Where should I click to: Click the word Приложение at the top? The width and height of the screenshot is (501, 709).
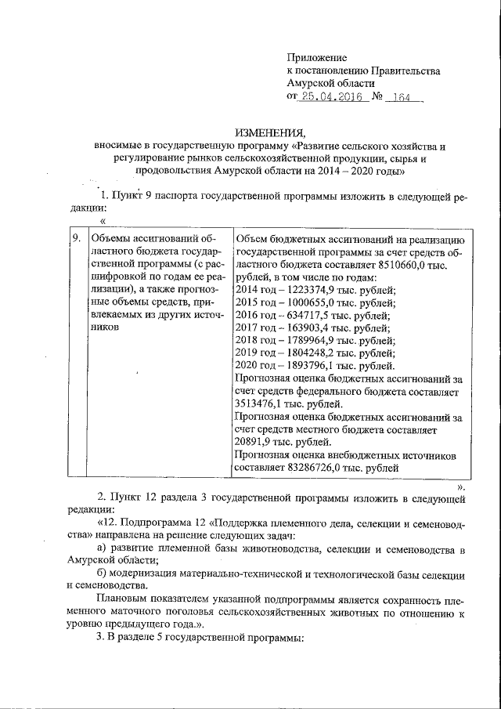[x=316, y=58]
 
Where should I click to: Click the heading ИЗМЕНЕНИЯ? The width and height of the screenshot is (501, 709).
[x=269, y=132]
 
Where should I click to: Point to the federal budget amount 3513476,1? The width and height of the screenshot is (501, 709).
[x=261, y=404]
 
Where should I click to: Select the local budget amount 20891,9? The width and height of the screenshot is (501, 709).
[x=255, y=442]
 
